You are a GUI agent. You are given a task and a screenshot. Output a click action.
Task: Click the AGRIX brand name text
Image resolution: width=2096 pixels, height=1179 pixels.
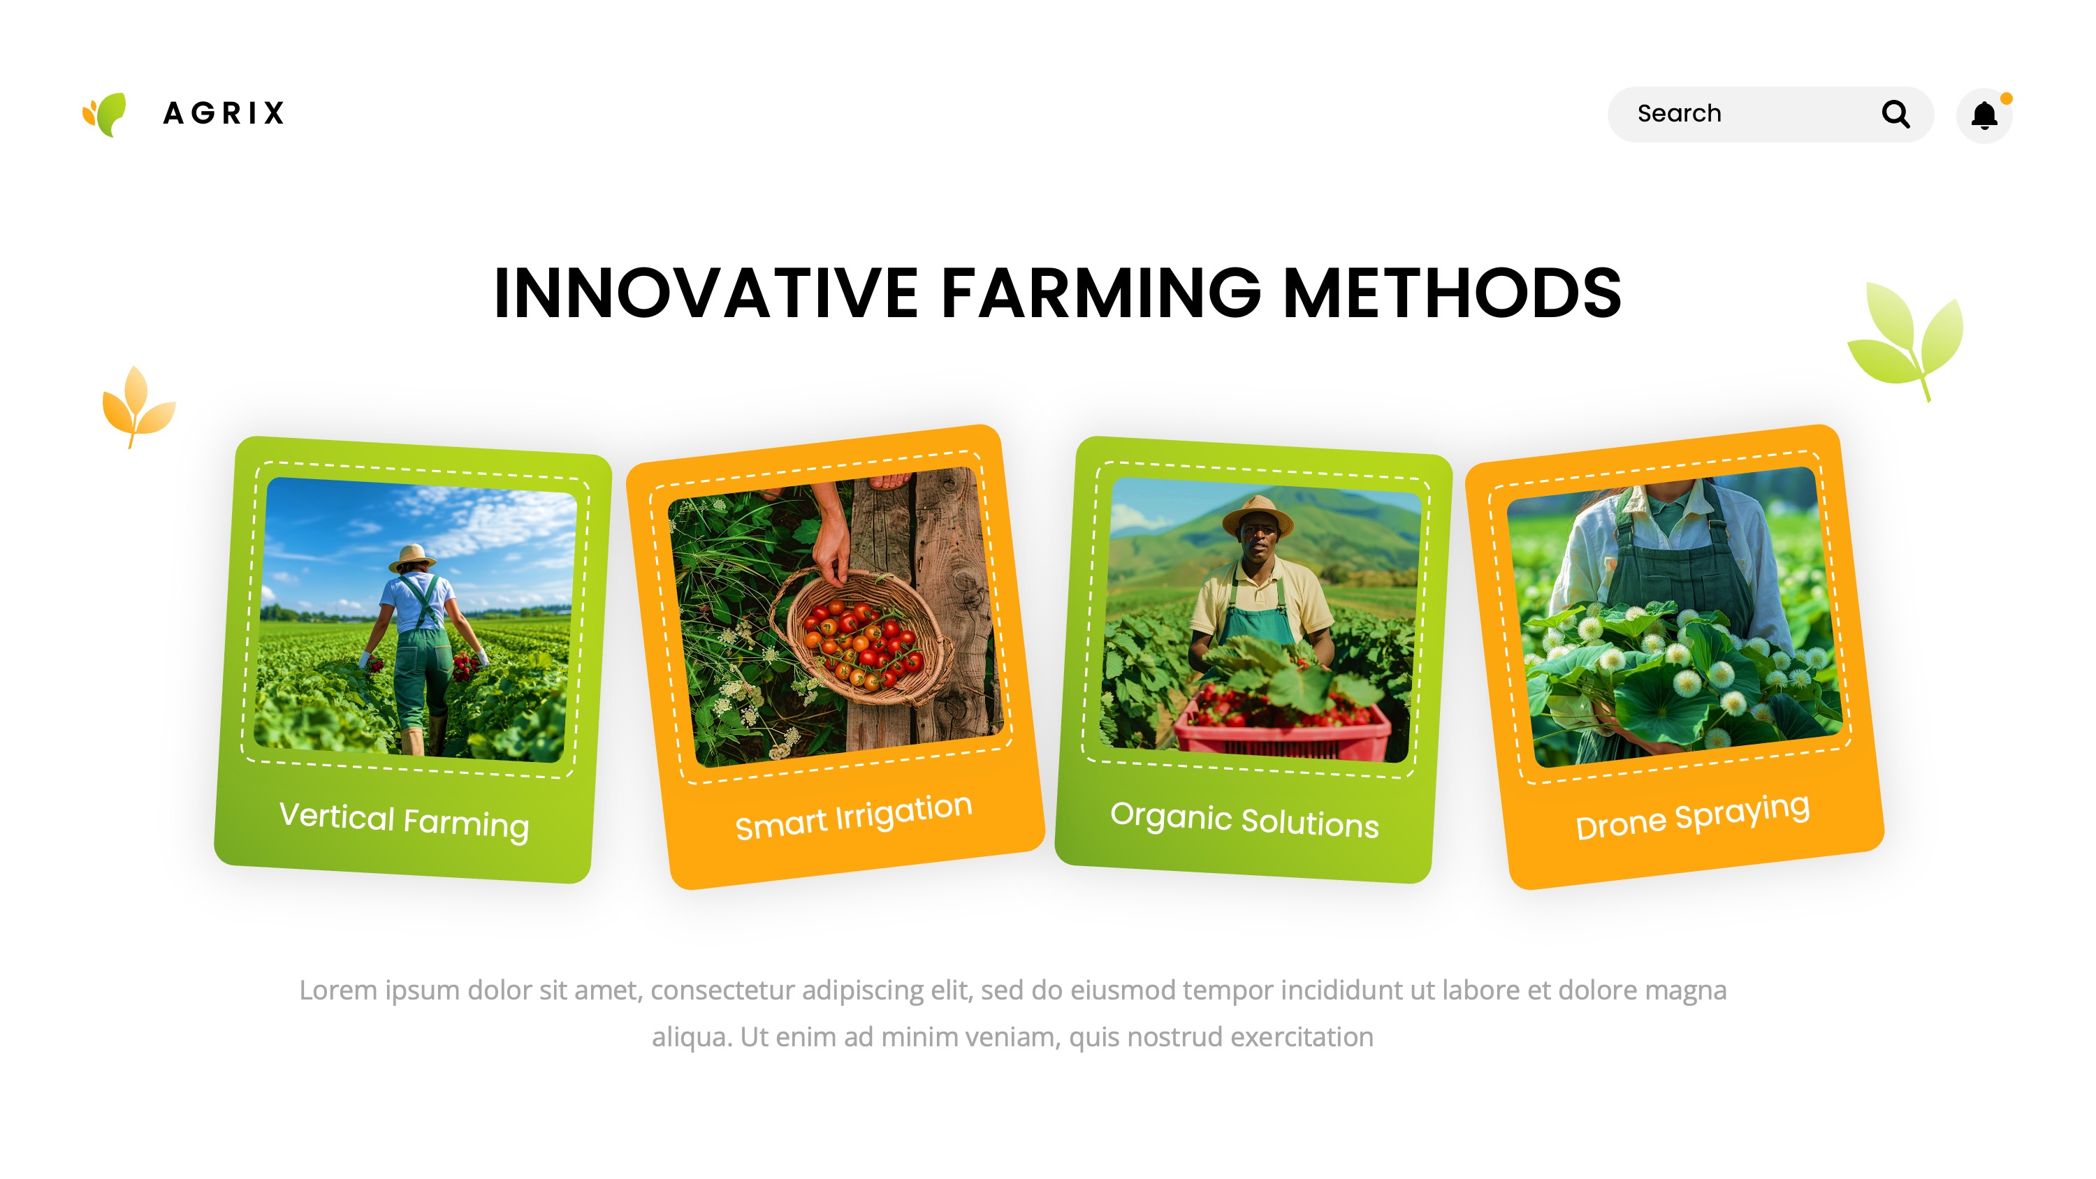click(x=224, y=113)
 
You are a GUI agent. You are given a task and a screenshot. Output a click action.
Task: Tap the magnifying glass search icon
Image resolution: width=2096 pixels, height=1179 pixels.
click(x=1895, y=114)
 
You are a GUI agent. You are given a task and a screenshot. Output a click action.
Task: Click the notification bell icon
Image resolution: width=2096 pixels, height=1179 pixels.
click(x=1984, y=115)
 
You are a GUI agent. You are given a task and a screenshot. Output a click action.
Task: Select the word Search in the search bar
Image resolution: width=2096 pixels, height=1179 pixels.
click(x=1679, y=114)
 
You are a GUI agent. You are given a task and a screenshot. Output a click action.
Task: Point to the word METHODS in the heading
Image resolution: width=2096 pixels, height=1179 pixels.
click(x=1450, y=293)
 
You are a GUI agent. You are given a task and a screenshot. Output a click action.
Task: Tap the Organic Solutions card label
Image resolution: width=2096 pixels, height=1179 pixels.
click(x=1244, y=819)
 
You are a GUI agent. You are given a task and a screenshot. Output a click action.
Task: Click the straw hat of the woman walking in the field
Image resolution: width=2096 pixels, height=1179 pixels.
click(x=412, y=557)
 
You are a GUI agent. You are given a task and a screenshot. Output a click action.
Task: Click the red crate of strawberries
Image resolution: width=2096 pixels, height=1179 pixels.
click(x=1282, y=726)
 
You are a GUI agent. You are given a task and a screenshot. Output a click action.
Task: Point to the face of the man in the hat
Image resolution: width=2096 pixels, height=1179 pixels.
click(x=1257, y=542)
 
